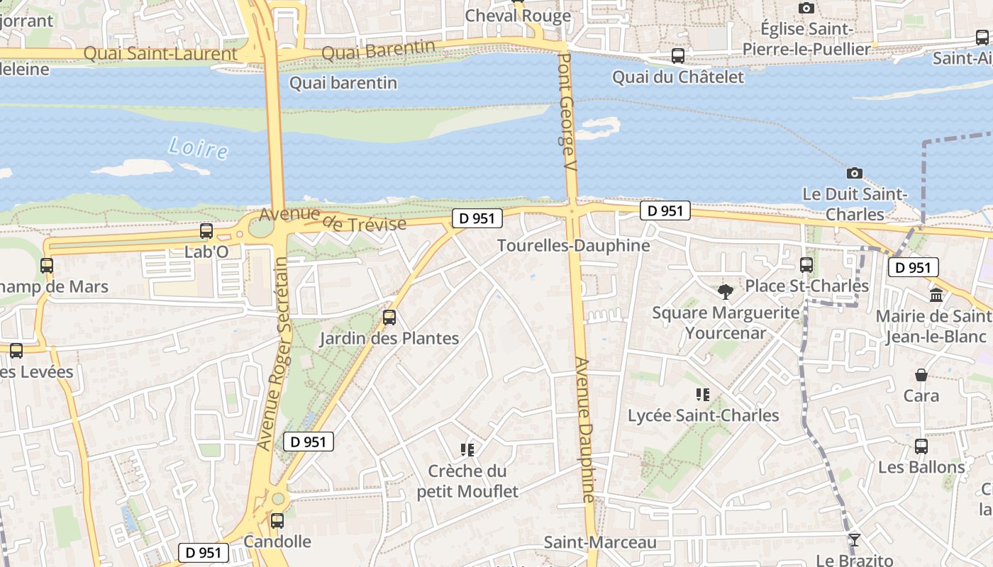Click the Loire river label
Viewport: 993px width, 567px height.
[199, 149]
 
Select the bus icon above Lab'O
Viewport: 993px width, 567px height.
[206, 231]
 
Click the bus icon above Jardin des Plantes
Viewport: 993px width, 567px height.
[389, 318]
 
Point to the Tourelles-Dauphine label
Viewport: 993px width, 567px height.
[573, 246]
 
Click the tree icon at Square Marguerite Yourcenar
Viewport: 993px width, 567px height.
[725, 291]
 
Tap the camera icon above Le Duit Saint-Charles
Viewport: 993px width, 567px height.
[855, 173]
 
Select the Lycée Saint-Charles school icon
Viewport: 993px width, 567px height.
[703, 395]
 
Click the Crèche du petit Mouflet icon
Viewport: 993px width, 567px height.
[467, 449]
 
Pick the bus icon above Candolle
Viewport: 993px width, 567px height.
[277, 521]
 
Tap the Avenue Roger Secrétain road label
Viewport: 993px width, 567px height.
[272, 353]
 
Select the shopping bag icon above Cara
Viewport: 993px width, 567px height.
[921, 375]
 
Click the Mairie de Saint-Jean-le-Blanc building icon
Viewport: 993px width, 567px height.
[936, 295]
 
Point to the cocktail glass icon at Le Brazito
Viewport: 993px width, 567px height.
[854, 540]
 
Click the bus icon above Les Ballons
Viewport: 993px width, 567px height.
[921, 447]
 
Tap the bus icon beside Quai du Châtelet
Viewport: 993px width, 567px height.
[678, 55]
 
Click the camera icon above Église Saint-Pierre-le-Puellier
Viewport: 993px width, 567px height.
[806, 8]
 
